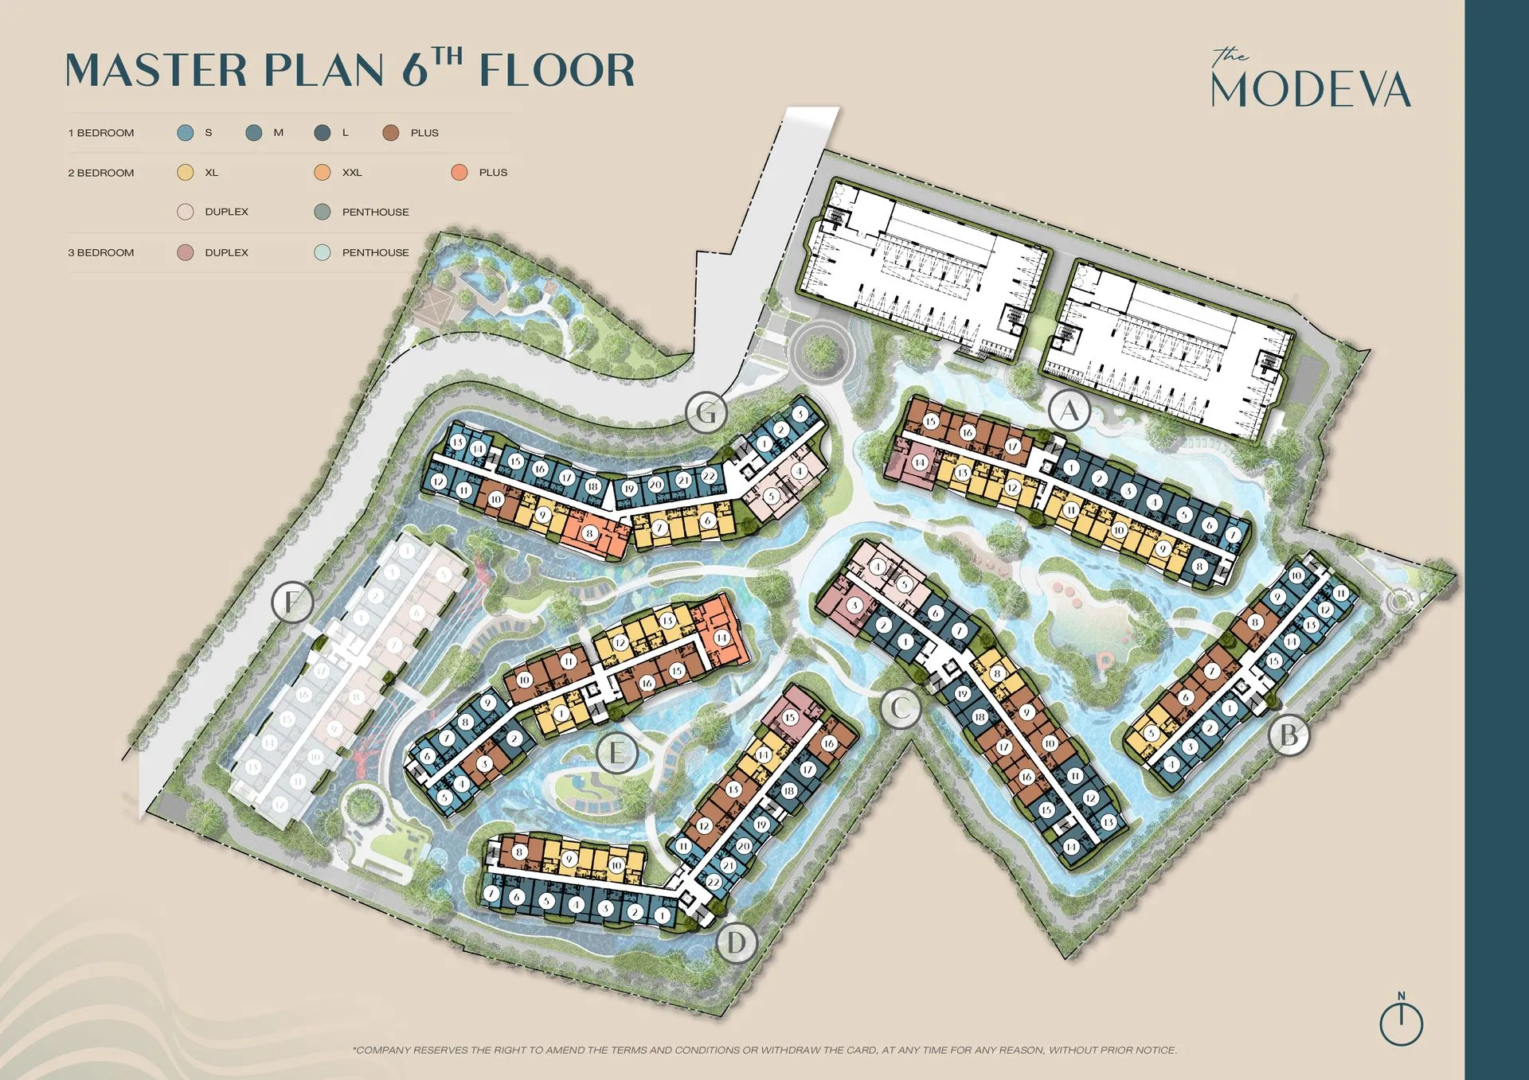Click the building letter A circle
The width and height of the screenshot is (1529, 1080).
(x=1070, y=411)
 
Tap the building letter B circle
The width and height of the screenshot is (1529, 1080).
(x=1289, y=735)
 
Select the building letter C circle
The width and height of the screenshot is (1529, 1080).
(x=901, y=707)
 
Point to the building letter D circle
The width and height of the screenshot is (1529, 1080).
(x=737, y=943)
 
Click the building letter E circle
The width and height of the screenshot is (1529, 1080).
(x=616, y=752)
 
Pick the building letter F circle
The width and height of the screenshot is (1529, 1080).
(x=292, y=602)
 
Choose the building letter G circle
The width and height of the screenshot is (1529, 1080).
(x=706, y=412)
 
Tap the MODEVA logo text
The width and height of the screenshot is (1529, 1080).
(x=1311, y=89)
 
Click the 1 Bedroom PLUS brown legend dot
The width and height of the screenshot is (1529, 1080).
(x=390, y=133)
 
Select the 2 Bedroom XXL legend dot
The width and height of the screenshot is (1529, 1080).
(x=323, y=173)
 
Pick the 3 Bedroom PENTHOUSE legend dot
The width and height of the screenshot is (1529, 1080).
(x=323, y=252)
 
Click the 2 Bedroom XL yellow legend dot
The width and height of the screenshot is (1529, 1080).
(x=186, y=173)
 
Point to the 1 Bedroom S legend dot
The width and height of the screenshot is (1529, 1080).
(x=186, y=133)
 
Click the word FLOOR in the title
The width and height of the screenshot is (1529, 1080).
(x=557, y=70)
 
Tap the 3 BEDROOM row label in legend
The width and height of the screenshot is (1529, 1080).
(x=101, y=252)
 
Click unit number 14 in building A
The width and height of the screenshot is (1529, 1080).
(x=920, y=462)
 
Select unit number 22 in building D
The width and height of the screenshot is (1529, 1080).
(x=714, y=882)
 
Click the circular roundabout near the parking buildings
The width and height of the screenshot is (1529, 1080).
(x=818, y=350)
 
